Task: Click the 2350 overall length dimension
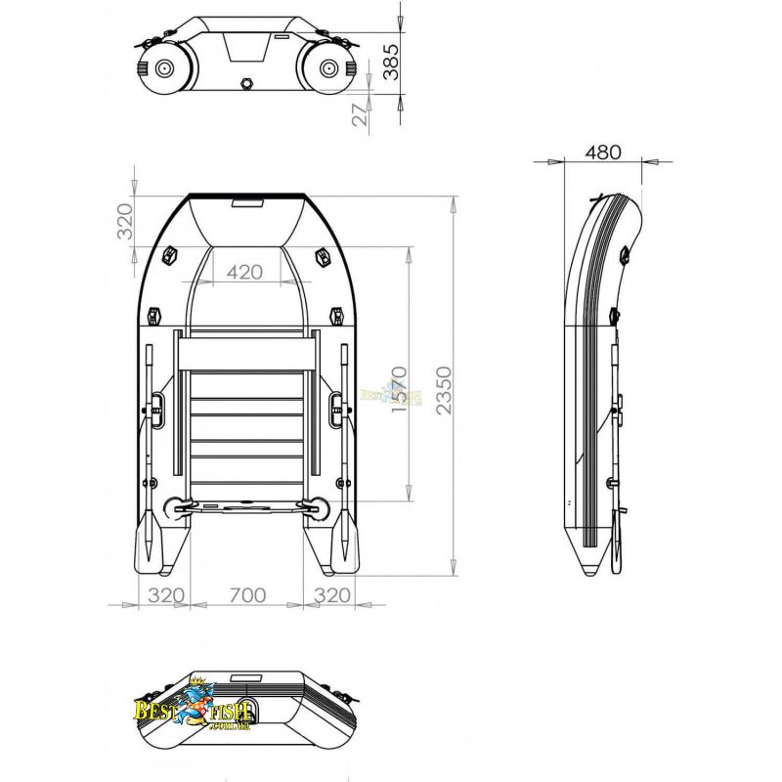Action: pos(444,390)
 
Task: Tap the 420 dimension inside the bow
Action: pos(244,273)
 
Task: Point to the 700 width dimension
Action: pos(248,593)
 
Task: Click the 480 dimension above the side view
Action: pos(602,152)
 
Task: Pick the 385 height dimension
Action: pos(390,59)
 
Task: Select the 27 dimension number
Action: pos(359,113)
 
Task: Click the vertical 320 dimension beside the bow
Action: pos(124,222)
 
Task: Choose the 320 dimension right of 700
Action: pos(332,593)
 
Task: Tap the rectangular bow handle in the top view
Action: pos(247,204)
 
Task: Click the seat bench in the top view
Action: pos(247,351)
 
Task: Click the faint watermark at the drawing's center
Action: pos(391,396)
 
